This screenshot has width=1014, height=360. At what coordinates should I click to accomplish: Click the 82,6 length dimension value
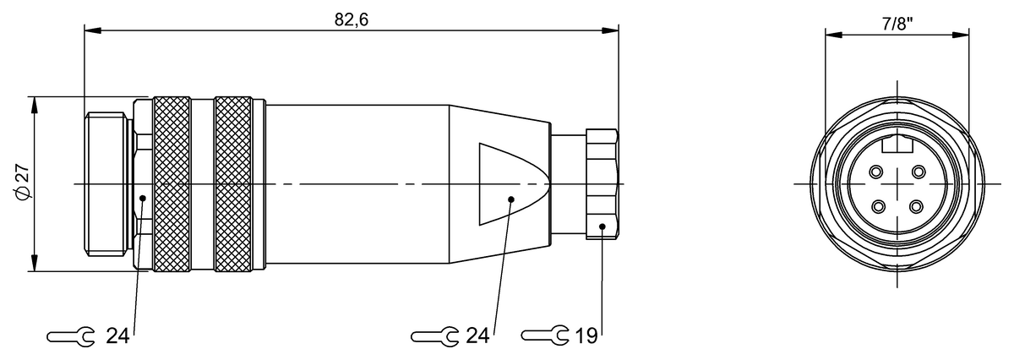click(352, 19)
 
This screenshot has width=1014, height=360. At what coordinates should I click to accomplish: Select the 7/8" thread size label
click(897, 25)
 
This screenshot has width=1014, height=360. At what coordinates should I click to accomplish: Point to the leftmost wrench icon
click(71, 337)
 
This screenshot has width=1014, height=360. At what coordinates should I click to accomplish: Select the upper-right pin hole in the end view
click(919, 172)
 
